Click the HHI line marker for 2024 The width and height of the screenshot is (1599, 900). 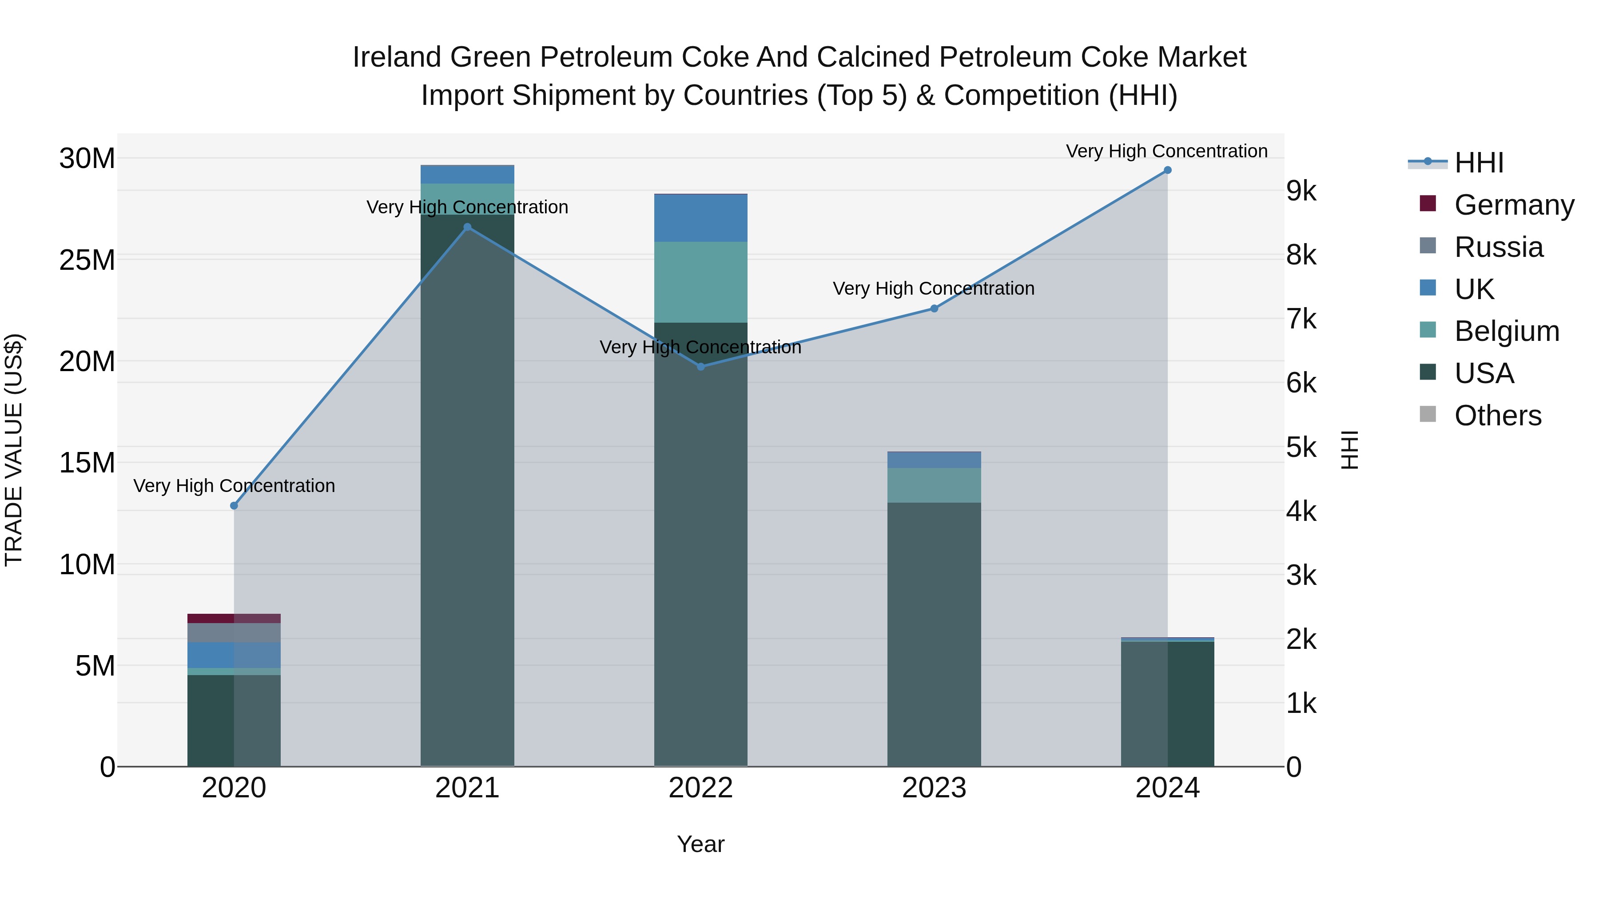pos(1167,170)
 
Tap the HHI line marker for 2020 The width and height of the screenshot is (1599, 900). pos(234,506)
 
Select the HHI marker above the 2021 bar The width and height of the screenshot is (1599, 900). pos(467,227)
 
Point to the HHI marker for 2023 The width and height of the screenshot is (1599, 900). pos(934,309)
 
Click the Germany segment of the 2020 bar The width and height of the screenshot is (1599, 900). pos(234,618)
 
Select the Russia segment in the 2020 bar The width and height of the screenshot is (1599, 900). pos(234,632)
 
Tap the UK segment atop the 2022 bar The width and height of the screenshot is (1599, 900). pos(701,218)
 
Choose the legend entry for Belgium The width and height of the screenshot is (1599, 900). pos(1507,331)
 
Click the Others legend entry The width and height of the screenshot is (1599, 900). pos(1498,416)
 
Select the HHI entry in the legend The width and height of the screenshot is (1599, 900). pos(1479,163)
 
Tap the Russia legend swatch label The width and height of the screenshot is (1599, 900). pos(1499,247)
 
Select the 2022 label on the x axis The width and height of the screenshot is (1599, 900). pos(701,788)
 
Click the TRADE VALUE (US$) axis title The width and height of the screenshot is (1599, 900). pos(14,450)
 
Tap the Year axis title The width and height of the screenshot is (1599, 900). pos(701,844)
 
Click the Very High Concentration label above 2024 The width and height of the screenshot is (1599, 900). pos(1166,151)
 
